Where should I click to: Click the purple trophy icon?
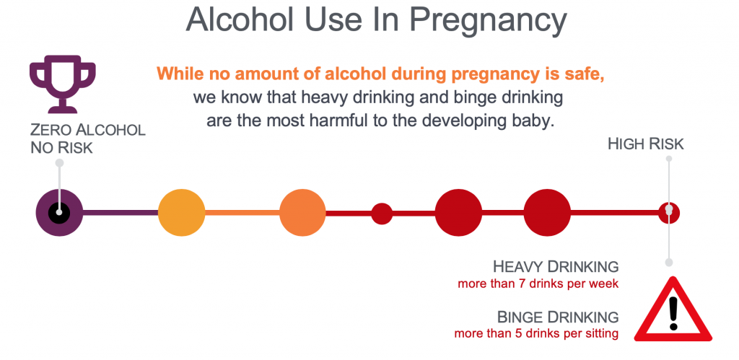(x=63, y=84)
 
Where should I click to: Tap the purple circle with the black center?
(x=59, y=213)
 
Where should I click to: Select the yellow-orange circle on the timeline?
(x=181, y=213)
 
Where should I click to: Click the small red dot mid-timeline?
(x=382, y=214)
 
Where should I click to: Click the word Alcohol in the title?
(x=242, y=19)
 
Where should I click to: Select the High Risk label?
(x=646, y=144)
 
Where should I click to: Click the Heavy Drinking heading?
(x=556, y=267)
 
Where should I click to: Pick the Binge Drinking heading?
(x=558, y=316)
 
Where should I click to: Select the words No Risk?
(x=62, y=148)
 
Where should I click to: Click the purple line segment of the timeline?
(x=121, y=213)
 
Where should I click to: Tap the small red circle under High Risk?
(x=669, y=213)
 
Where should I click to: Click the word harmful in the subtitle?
(x=336, y=120)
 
